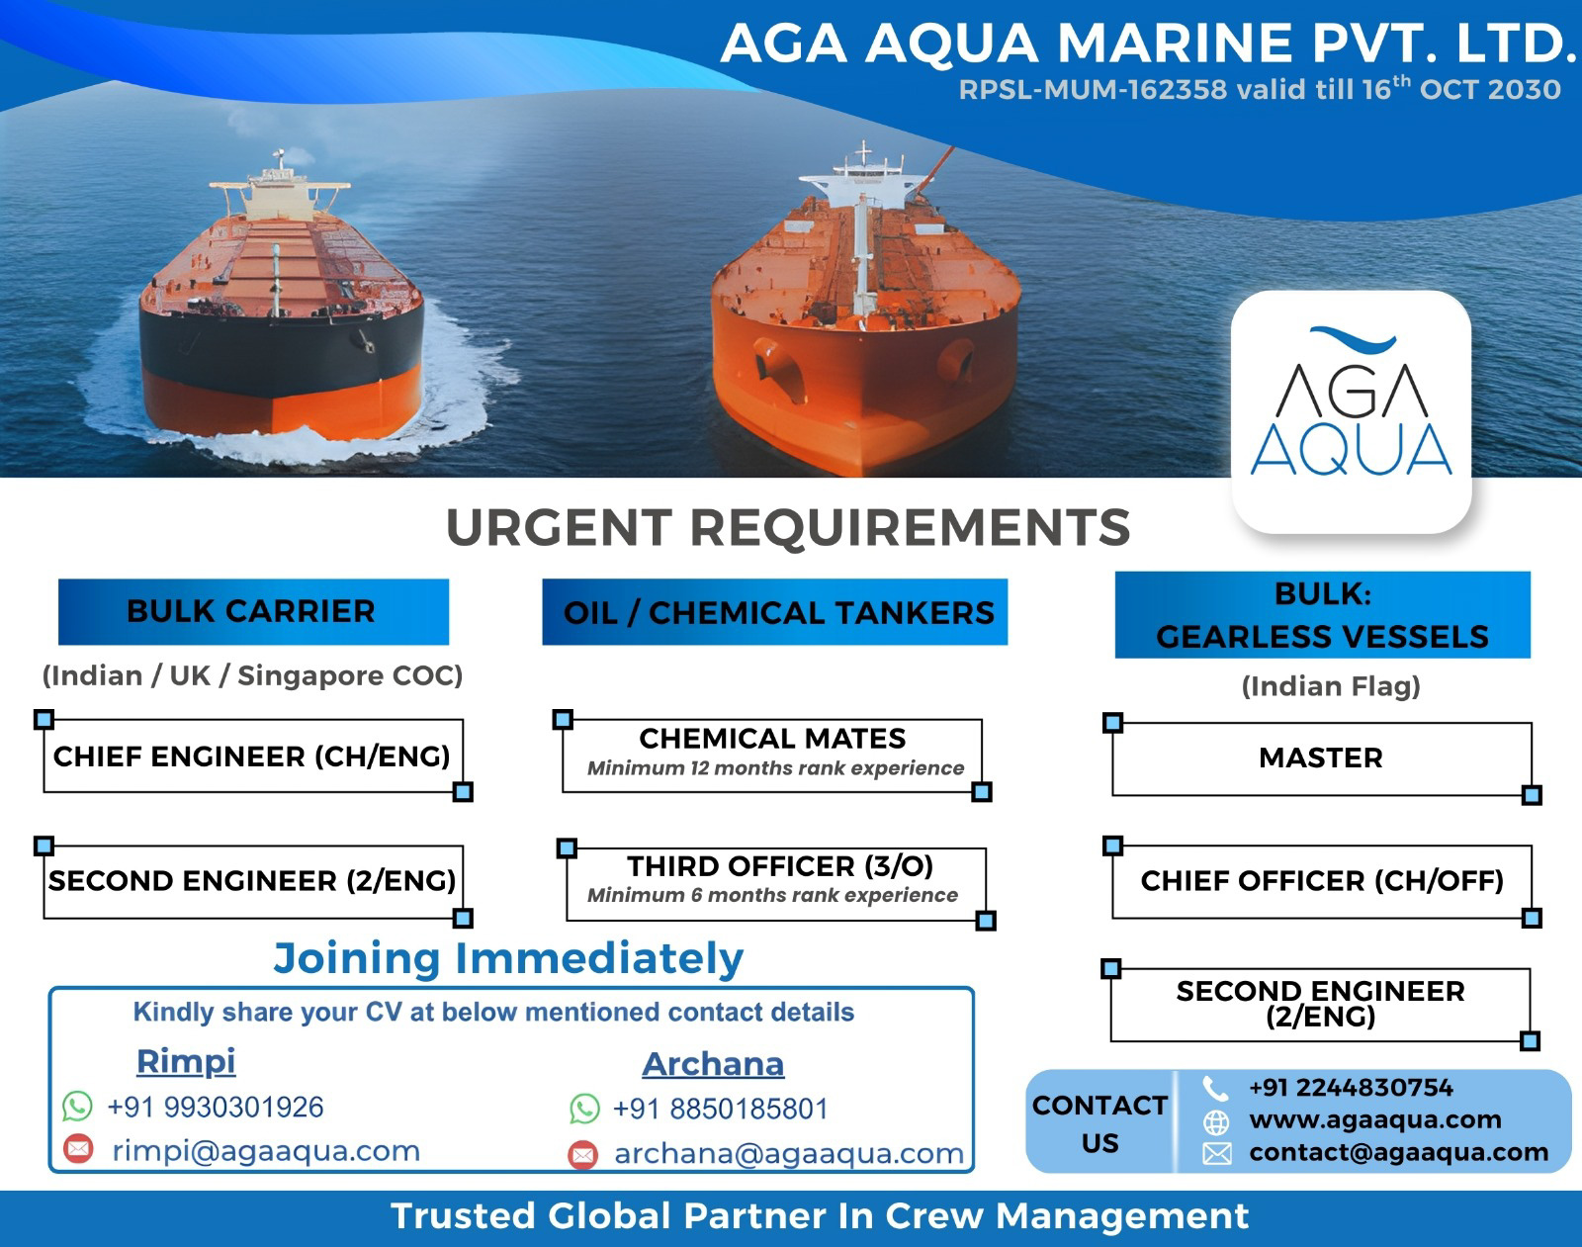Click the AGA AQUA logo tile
[1352, 411]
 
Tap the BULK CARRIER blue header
[254, 612]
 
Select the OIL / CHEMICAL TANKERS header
[775, 612]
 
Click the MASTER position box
[1322, 758]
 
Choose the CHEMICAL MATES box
[772, 756]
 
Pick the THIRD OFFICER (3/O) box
[776, 883]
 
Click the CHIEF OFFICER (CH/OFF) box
[1322, 881]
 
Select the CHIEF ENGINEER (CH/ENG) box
[253, 756]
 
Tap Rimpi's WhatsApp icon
[77, 1106]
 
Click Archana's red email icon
[583, 1154]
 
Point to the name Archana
[713, 1064]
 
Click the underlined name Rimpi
[186, 1061]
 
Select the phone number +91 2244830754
[1352, 1088]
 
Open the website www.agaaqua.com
[1374, 1119]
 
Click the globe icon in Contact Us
[1216, 1122]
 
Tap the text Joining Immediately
[508, 959]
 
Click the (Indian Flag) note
[1331, 686]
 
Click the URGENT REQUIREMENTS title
[788, 527]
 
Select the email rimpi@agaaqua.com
[266, 1151]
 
